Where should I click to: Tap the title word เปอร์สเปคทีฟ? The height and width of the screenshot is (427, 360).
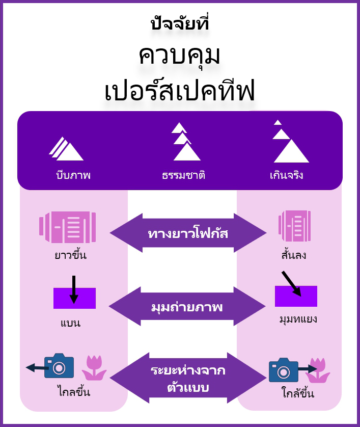(x=180, y=92)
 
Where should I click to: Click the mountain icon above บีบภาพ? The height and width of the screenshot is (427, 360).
(x=66, y=149)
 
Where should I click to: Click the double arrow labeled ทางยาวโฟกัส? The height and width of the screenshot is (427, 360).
(x=188, y=233)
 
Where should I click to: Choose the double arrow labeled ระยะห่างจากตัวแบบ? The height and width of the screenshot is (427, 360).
(x=189, y=378)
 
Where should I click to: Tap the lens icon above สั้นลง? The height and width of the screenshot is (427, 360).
(x=294, y=226)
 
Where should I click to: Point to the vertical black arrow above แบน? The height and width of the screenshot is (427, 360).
(x=74, y=289)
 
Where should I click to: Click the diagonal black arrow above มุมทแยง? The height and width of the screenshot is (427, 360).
(x=291, y=283)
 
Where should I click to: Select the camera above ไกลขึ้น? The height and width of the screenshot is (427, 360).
(x=59, y=366)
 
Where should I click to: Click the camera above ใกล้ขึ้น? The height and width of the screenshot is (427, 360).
(x=284, y=370)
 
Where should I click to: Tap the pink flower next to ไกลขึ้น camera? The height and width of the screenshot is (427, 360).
(x=94, y=367)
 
